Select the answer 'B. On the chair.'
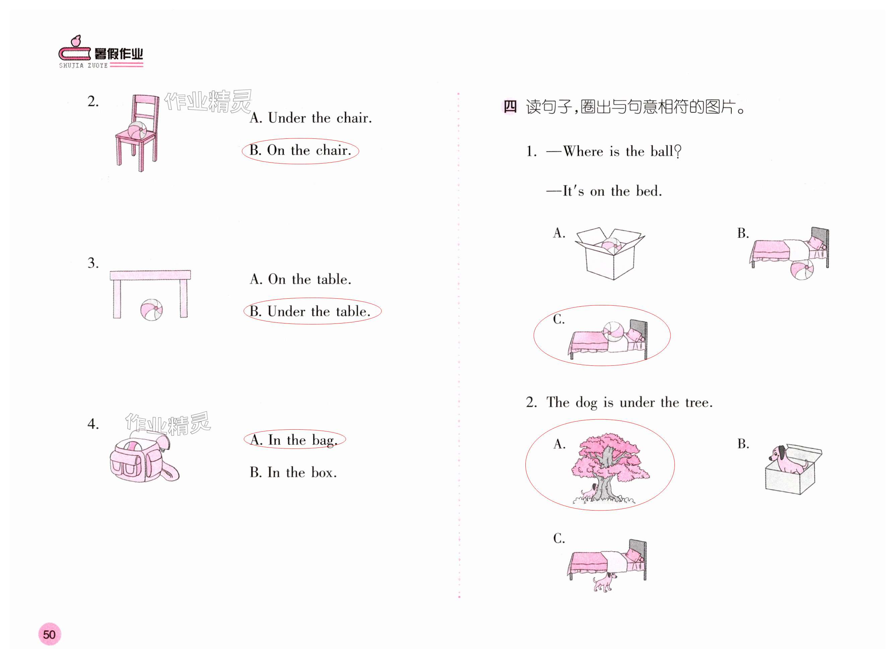300,151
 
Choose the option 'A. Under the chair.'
311,118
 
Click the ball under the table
151,309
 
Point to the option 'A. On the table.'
300,279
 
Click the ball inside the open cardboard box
611,245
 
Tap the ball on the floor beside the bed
802,269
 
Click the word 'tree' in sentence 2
698,403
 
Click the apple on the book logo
76,41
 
